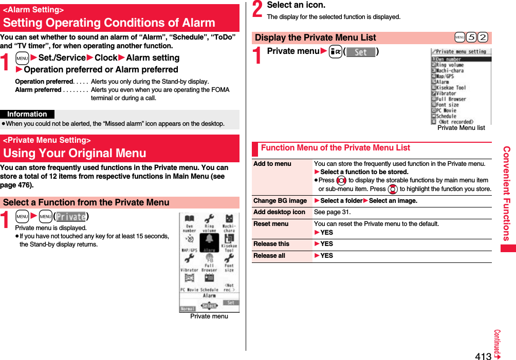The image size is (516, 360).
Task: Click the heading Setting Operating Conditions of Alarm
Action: (109, 23)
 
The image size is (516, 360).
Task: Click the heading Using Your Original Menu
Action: (75, 153)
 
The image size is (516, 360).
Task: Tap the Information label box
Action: (27, 114)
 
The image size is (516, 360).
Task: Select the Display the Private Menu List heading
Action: (316, 37)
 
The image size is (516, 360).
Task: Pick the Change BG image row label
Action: (280, 201)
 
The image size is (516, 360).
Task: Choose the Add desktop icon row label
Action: (279, 212)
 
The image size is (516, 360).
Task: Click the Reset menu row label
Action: (271, 224)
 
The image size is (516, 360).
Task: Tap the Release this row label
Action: (271, 244)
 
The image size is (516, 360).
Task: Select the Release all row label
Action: (269, 256)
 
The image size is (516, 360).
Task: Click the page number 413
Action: (483, 356)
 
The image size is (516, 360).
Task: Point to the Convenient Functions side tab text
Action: (507, 194)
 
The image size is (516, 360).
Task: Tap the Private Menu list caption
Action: (460, 128)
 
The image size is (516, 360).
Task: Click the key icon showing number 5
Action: (471, 38)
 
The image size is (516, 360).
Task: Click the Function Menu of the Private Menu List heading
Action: (335, 148)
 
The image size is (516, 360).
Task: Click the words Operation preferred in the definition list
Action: (44, 82)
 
